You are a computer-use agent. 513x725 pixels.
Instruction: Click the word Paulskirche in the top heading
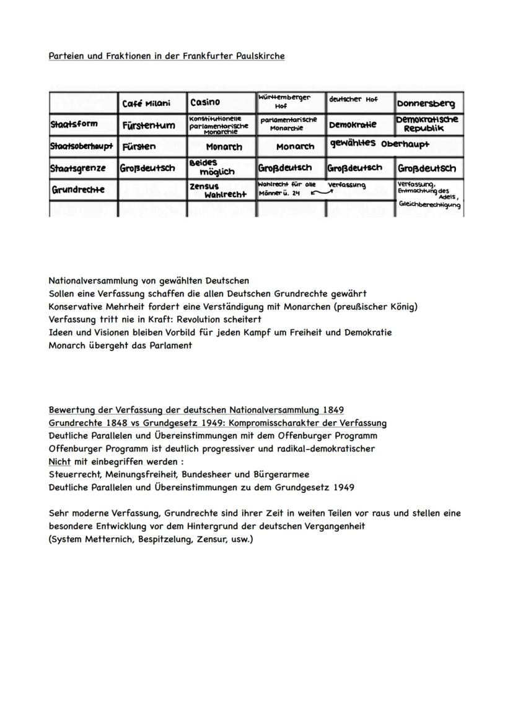tap(260, 56)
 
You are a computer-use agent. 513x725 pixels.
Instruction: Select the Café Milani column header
tap(146, 103)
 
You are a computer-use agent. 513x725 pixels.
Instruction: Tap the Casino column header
tap(205, 102)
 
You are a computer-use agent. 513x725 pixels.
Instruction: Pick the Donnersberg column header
tap(428, 103)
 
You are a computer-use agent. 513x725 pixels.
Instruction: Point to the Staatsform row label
tap(74, 124)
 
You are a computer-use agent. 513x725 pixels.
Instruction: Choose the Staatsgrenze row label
tap(78, 168)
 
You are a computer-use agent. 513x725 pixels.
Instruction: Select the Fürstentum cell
tap(149, 126)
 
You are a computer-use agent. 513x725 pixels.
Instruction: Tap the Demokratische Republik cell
tap(428, 124)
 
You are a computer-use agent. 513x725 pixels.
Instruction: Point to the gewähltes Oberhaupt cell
tap(379, 144)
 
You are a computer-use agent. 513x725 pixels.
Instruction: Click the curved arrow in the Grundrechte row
tap(321, 193)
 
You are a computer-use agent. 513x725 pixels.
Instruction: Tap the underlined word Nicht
tap(59, 462)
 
